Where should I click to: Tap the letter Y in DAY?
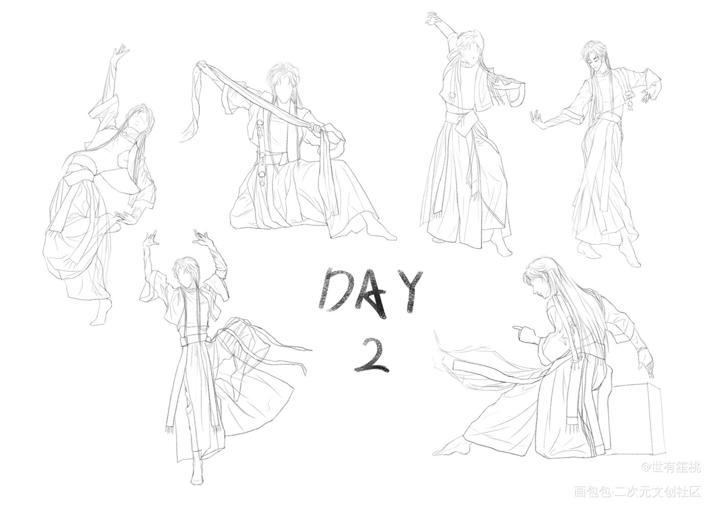point(410,290)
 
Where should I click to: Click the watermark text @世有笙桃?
point(671,468)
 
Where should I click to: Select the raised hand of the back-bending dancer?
point(119,54)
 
